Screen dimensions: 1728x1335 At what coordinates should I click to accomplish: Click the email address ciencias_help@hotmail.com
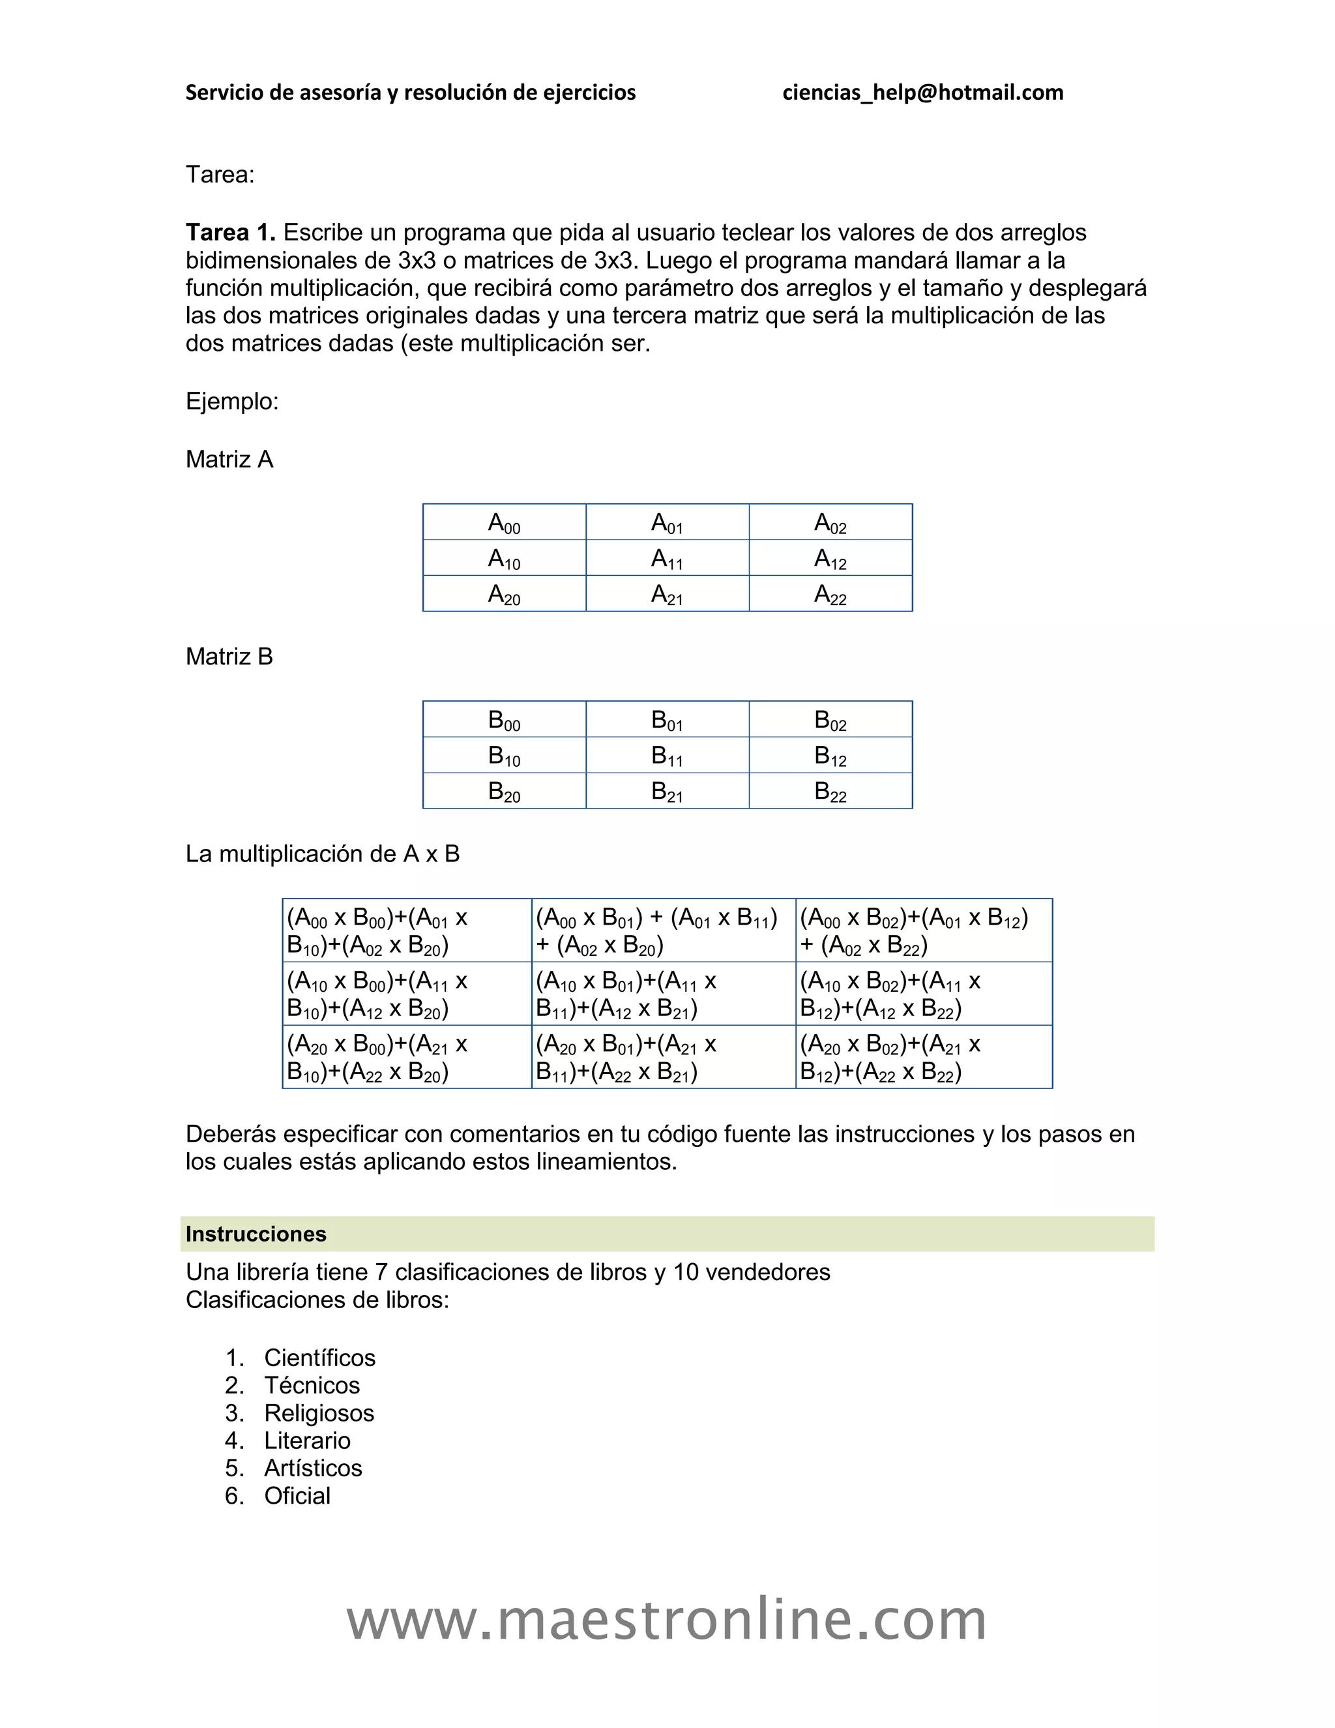click(922, 93)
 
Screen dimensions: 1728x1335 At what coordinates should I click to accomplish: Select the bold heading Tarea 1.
click(230, 233)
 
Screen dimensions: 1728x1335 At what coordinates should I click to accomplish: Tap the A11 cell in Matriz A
click(667, 559)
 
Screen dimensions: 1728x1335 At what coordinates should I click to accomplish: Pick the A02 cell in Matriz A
click(830, 523)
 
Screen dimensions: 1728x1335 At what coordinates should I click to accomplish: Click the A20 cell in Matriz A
click(504, 594)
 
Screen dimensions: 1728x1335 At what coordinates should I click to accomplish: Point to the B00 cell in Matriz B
click(504, 720)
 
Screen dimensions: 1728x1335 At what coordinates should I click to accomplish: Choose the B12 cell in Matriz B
click(830, 756)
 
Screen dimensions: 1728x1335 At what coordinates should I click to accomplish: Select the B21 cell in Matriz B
click(667, 791)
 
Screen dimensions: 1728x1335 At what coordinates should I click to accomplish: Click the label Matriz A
click(229, 460)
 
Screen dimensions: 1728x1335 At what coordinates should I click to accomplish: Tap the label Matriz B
click(229, 657)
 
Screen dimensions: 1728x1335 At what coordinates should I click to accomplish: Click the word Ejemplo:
click(231, 402)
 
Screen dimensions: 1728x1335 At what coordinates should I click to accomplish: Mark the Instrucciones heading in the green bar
click(256, 1234)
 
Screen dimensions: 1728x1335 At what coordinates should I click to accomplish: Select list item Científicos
click(319, 1358)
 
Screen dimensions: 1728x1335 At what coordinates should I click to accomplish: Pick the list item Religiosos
click(319, 1413)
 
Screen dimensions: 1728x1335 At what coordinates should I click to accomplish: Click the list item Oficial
click(297, 1496)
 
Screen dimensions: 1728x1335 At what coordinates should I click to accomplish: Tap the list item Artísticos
click(313, 1468)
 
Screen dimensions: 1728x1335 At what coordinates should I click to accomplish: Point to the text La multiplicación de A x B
click(323, 854)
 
